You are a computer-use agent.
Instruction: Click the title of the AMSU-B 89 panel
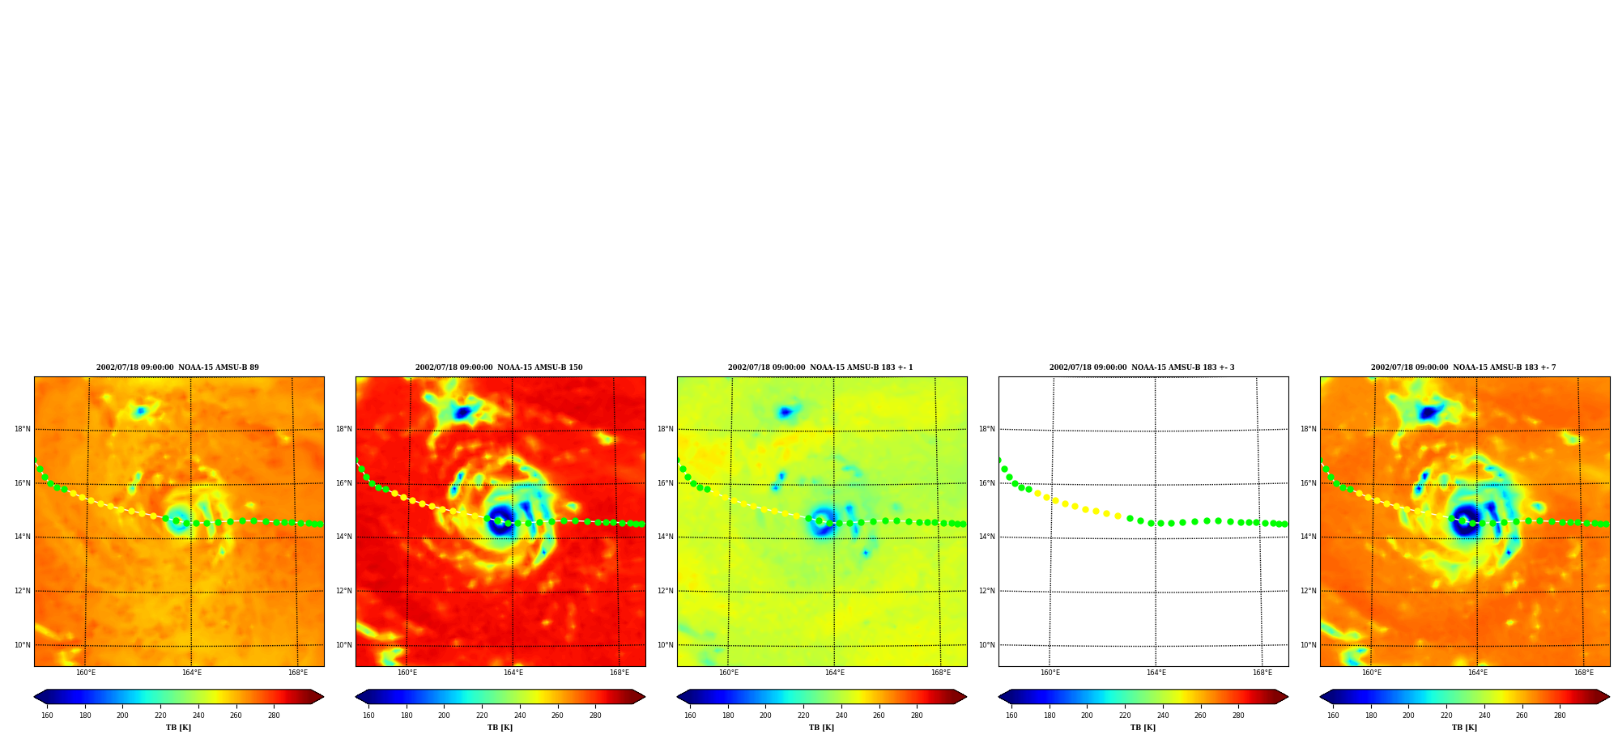(177, 367)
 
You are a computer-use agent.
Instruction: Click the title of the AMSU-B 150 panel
(499, 367)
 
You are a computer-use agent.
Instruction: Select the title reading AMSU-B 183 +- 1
(820, 367)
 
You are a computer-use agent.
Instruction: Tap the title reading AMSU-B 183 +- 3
(1142, 367)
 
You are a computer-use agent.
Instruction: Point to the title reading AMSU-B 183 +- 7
(1463, 367)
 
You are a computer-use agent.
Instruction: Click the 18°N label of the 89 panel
(23, 429)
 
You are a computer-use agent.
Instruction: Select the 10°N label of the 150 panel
(344, 645)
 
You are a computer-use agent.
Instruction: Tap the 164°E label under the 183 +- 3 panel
(1156, 673)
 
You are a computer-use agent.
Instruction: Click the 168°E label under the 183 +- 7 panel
(1583, 673)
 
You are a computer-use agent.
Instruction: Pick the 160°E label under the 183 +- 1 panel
(728, 673)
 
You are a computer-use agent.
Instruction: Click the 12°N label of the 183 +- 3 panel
(987, 591)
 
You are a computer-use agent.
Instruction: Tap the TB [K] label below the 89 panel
(178, 728)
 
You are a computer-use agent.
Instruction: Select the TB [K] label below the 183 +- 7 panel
(1464, 728)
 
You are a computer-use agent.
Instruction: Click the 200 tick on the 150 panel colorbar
(444, 716)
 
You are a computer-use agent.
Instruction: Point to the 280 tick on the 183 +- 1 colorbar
(917, 716)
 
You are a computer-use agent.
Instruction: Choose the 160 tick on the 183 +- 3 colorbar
(1011, 716)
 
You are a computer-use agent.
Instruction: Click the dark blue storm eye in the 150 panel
(500, 520)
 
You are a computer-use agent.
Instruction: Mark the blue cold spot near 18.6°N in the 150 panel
(462, 413)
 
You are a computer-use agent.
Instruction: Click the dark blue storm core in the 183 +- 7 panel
(1465, 520)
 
